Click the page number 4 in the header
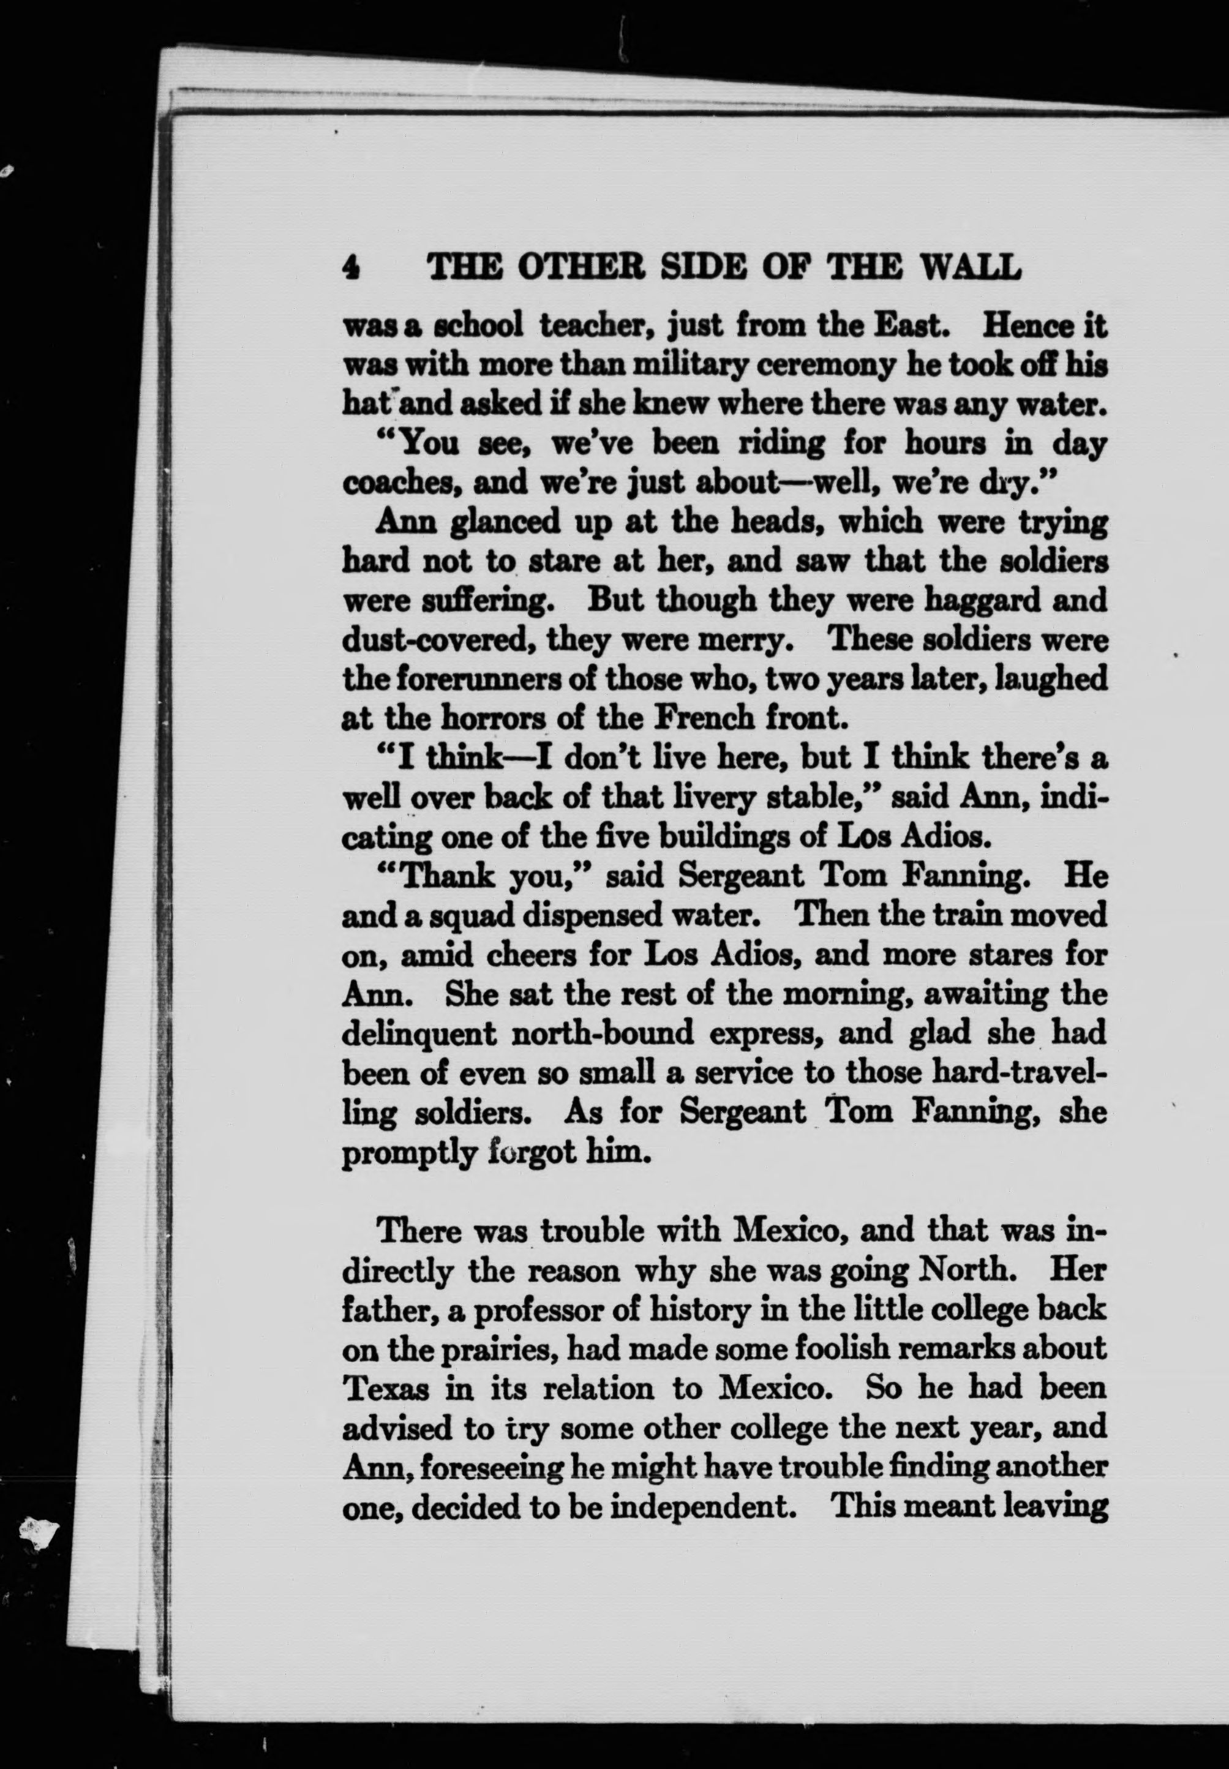pyautogui.click(x=350, y=267)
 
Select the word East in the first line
pyautogui.click(x=909, y=326)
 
